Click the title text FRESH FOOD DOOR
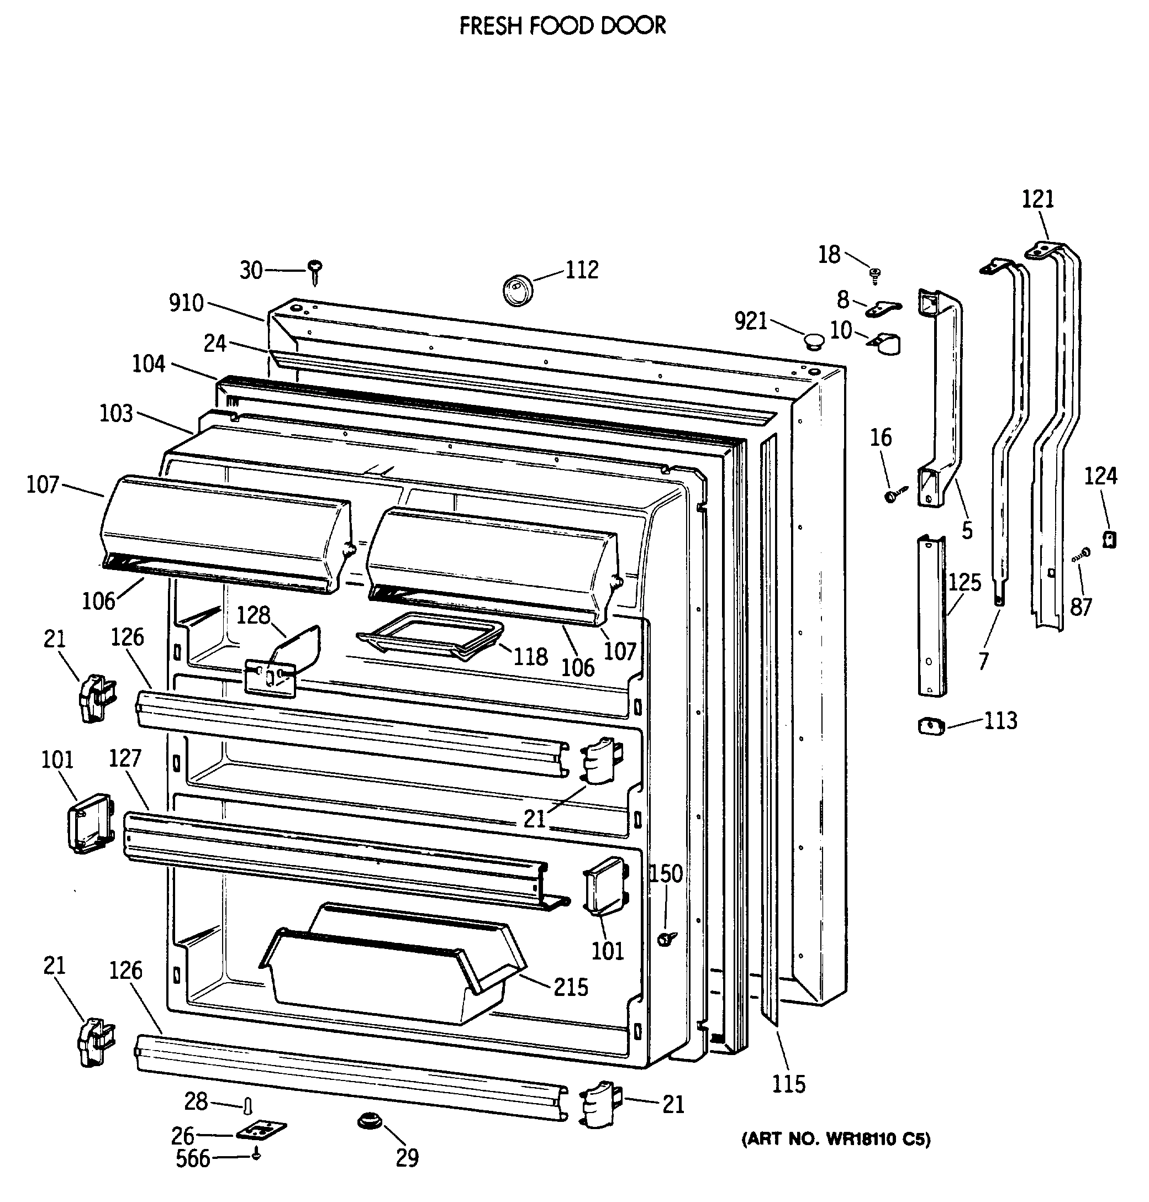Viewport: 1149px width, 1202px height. click(562, 26)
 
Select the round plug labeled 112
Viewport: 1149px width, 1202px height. click(518, 289)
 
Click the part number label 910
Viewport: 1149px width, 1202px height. click(186, 303)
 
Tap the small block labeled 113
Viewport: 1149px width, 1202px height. click(931, 727)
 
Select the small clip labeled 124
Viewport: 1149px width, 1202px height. click(1109, 539)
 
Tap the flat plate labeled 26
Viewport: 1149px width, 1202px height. click(261, 1130)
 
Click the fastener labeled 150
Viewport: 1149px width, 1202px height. click(666, 938)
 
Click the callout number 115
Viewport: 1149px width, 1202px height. click(788, 1084)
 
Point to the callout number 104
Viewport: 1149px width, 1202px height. click(149, 363)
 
